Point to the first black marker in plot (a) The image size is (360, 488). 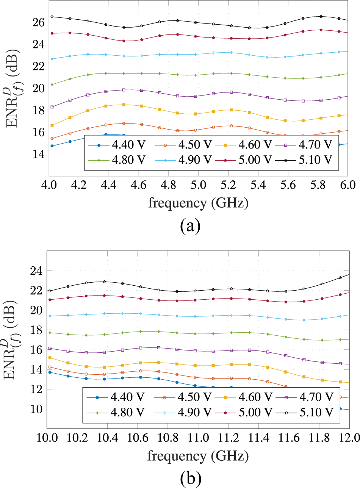52,17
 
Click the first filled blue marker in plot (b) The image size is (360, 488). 50,372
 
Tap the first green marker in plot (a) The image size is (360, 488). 52,84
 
